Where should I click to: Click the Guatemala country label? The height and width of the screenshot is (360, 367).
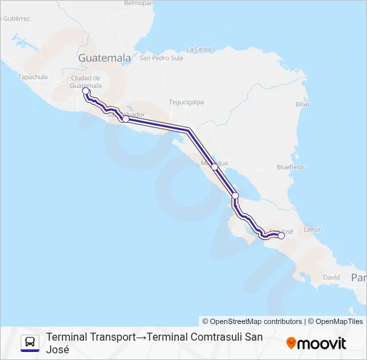pyautogui.click(x=104, y=58)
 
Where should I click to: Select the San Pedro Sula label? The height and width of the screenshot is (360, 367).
pyautogui.click(x=161, y=58)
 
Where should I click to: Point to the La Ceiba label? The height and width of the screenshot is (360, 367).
pyautogui.click(x=199, y=49)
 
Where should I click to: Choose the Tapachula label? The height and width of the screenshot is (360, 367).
pyautogui.click(x=33, y=77)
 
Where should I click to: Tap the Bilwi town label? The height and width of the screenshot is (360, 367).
pyautogui.click(x=302, y=105)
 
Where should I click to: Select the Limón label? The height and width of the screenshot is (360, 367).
pyautogui.click(x=313, y=229)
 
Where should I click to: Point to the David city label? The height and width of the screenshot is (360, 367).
pyautogui.click(x=331, y=277)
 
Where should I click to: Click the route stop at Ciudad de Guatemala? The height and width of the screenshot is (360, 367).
pyautogui.click(x=85, y=91)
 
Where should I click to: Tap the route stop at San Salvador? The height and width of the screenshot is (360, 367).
pyautogui.click(x=125, y=119)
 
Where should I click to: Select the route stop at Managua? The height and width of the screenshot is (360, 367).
pyautogui.click(x=214, y=167)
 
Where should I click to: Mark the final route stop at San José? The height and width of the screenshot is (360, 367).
pyautogui.click(x=281, y=235)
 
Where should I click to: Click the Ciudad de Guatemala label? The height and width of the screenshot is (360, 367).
pyautogui.click(x=86, y=81)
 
